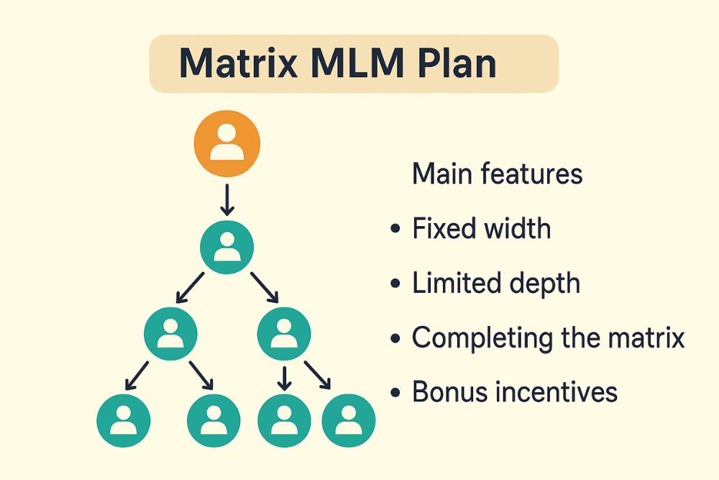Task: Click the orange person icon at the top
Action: tap(227, 143)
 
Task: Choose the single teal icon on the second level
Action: tap(227, 247)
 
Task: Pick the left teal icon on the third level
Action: tap(170, 332)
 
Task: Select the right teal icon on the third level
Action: tap(284, 332)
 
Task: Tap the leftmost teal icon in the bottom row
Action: tap(123, 419)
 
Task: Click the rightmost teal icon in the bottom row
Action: tap(349, 419)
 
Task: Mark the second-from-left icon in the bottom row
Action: tap(213, 419)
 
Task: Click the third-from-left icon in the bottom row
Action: tap(284, 419)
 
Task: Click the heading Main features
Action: tap(497, 174)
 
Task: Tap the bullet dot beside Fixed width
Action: tap(395, 230)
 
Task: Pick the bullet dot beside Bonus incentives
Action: tap(395, 393)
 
